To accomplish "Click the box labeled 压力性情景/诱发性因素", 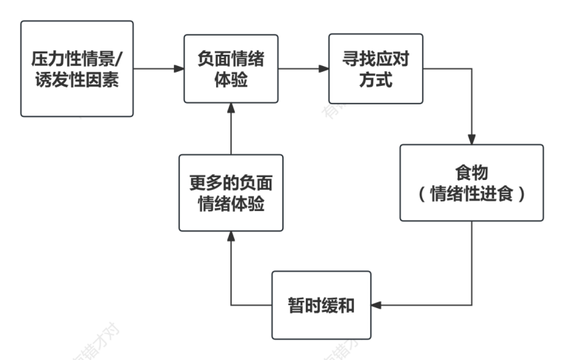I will pyautogui.click(x=77, y=69).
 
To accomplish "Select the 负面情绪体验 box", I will pyautogui.click(x=231, y=69).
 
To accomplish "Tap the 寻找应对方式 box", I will pyautogui.click(x=375, y=69).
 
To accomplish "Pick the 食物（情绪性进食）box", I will pyautogui.click(x=471, y=183).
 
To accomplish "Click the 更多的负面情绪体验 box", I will pyautogui.click(x=231, y=193).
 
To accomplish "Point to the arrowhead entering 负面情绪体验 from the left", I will pyautogui.click(x=178, y=69).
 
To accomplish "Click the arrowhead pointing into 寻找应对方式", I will pyautogui.click(x=324, y=69).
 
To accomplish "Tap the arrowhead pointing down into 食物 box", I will pyautogui.click(x=471, y=139).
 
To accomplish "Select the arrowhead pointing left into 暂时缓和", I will pyautogui.click(x=376, y=304).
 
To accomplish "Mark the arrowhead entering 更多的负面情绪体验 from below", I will pyautogui.click(x=231, y=236).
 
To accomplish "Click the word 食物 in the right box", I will pyautogui.click(x=471, y=173).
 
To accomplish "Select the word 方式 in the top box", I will pyautogui.click(x=375, y=79).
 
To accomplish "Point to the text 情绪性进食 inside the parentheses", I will pyautogui.click(x=471, y=194).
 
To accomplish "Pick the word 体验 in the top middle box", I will pyautogui.click(x=231, y=79).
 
